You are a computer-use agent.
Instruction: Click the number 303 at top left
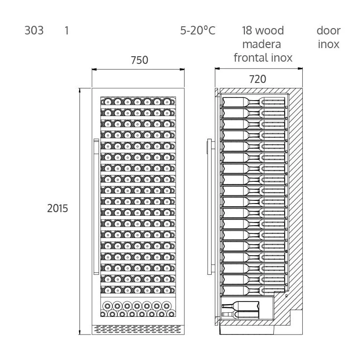tap(34, 30)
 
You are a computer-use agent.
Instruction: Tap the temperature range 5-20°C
tap(198, 30)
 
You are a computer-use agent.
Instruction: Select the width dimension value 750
tap(139, 60)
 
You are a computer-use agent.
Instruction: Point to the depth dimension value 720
tap(257, 79)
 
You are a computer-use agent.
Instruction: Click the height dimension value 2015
tap(58, 208)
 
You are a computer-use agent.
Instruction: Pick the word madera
tap(262, 44)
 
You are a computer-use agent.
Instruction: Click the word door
tap(329, 30)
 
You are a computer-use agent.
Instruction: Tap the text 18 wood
tap(263, 30)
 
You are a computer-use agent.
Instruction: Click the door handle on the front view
tap(96, 207)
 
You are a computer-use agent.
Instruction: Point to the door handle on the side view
tap(209, 207)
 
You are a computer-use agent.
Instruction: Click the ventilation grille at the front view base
tap(138, 330)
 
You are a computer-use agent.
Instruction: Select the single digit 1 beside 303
tap(67, 30)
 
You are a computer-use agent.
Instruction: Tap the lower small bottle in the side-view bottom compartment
tap(240, 314)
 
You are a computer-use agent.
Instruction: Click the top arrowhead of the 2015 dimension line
tap(80, 90)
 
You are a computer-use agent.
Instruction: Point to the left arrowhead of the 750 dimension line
tap(94, 69)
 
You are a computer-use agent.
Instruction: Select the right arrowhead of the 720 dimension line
tap(300, 68)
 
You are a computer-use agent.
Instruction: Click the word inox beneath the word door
tap(329, 44)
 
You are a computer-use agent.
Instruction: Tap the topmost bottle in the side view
tap(253, 102)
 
